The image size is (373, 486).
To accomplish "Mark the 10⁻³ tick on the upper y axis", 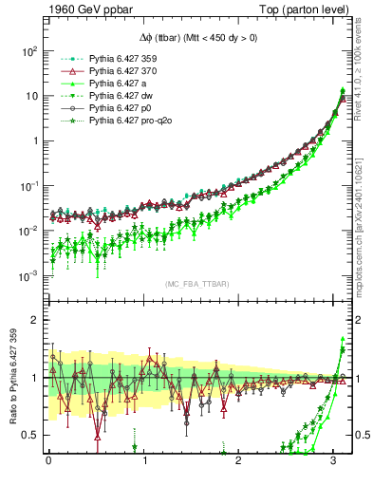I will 29,276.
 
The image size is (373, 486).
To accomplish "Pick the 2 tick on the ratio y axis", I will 35,320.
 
